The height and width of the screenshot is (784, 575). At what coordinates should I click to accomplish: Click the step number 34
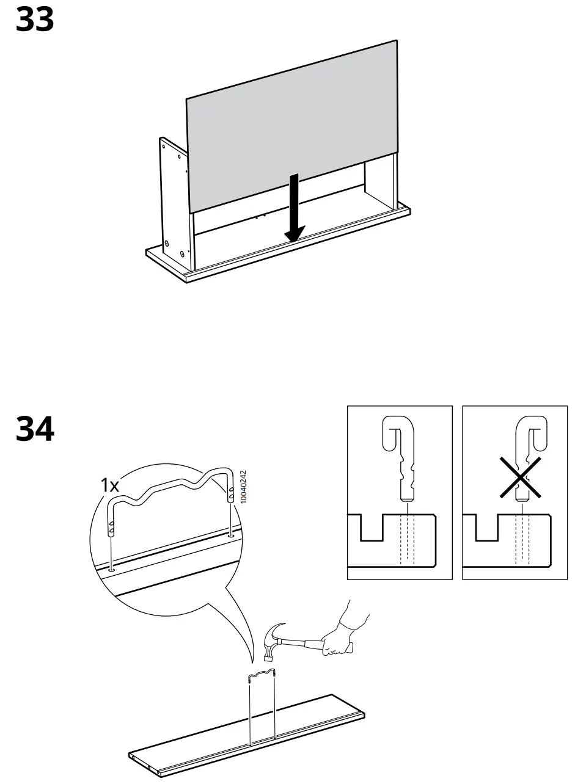34,429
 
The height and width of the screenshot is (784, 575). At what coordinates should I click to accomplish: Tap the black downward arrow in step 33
295,208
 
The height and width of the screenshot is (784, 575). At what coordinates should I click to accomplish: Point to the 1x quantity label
110,485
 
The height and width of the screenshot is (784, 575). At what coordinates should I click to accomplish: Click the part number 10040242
243,487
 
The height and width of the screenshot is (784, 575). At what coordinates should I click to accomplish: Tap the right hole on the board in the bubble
231,535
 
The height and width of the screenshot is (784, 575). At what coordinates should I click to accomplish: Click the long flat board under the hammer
244,733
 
